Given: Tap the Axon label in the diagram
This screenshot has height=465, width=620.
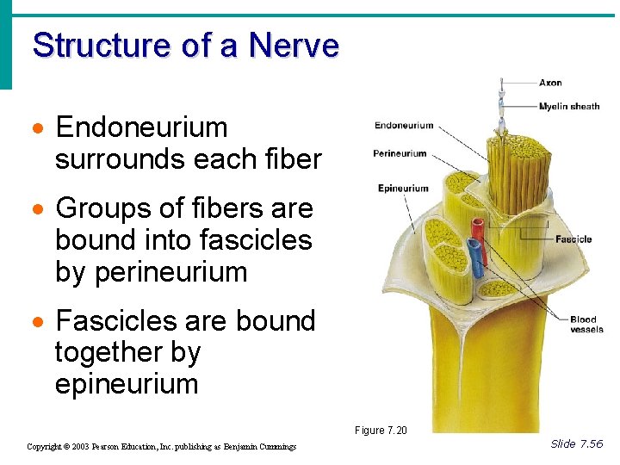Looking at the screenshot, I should [550, 83].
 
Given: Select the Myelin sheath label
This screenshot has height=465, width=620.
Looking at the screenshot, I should [569, 107].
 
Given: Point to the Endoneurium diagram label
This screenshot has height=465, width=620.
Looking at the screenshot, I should [404, 126].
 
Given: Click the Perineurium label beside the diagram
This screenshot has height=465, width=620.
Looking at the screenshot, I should [400, 154].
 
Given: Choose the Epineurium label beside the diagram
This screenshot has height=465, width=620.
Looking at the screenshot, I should [403, 189].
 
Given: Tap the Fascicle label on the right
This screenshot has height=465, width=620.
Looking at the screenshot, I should [573, 239].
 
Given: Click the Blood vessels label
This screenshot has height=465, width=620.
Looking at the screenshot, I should [586, 325].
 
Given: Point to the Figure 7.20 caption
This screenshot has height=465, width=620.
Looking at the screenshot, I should [381, 431].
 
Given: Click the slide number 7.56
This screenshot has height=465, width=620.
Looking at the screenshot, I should [590, 444].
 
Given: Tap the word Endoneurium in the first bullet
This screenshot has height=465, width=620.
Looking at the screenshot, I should [141, 127].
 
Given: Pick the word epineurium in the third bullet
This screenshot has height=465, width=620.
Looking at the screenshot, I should [127, 384].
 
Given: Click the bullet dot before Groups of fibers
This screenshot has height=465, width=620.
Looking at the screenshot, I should [38, 210].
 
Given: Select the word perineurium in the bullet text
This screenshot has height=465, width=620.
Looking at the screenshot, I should [171, 272].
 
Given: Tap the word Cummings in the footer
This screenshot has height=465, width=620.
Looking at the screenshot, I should [277, 447].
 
